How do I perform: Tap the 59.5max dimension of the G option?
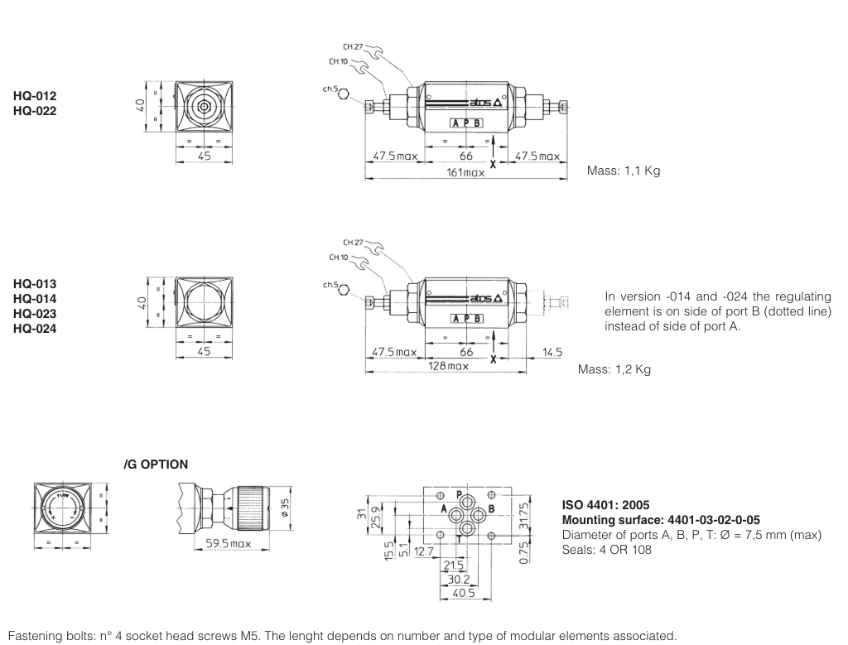point(228,544)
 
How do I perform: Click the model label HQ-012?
point(35,96)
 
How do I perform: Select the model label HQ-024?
point(35,327)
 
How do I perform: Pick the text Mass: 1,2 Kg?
point(614,369)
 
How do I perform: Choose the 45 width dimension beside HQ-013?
point(204,351)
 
